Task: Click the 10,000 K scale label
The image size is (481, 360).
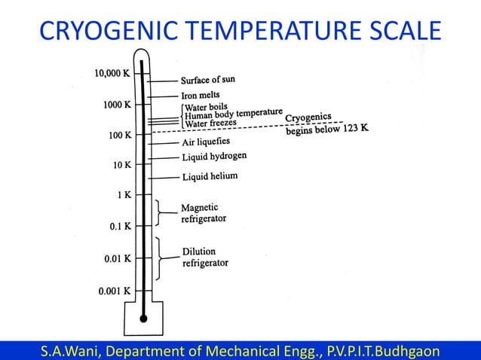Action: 112,74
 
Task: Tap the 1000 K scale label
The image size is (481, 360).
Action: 117,105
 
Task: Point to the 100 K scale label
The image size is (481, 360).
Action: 118,135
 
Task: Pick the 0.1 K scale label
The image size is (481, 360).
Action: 119,226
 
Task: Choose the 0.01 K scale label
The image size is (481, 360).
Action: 117,258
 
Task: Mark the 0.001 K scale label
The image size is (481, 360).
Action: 115,291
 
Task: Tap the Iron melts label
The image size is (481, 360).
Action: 201,96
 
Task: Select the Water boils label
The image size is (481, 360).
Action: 207,108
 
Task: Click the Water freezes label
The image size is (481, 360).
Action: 210,123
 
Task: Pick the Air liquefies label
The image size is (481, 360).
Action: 206,142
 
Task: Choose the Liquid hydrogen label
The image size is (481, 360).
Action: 214,157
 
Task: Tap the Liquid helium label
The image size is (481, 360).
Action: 210,177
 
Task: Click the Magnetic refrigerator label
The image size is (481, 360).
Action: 203,212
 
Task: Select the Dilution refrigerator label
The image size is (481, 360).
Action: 204,257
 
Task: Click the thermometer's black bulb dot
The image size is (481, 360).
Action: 143,319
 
